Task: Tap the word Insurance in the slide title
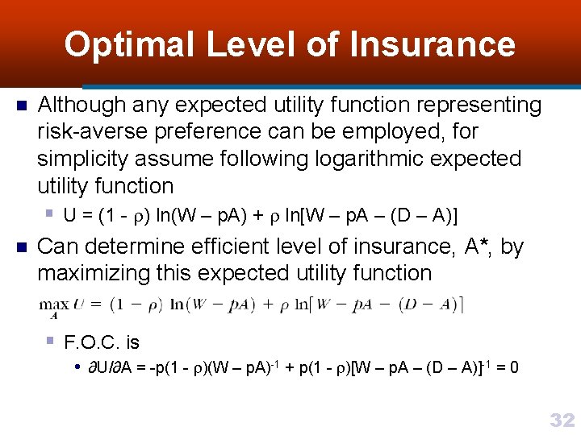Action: point(433,44)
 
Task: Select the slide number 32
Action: point(562,420)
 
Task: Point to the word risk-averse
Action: point(88,131)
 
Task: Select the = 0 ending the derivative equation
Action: point(508,368)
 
